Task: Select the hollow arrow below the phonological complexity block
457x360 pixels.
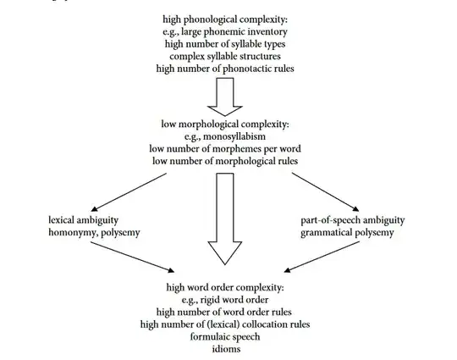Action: (x=224, y=95)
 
